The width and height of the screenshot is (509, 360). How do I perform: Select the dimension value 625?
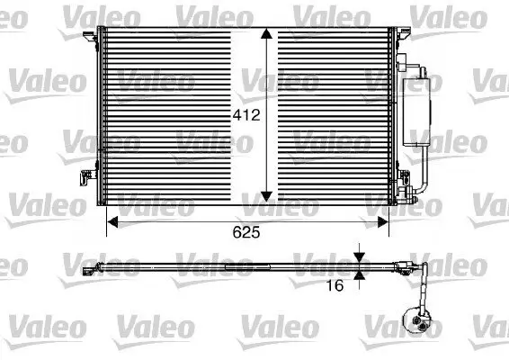pyautogui.click(x=246, y=232)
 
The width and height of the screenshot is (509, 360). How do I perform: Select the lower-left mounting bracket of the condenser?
pyautogui.click(x=87, y=177)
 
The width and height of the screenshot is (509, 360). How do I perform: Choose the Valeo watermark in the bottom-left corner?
pyautogui.click(x=36, y=323)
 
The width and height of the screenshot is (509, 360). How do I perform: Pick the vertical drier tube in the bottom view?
pyautogui.click(x=417, y=288)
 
